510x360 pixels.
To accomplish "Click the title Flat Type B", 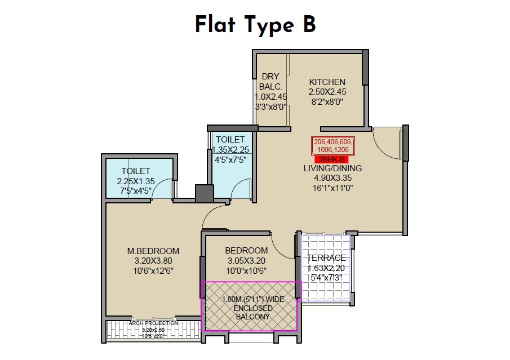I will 255,25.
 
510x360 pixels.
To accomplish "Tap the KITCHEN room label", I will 327,82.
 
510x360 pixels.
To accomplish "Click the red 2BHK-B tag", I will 332,159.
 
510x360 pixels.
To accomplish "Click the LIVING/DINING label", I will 332,168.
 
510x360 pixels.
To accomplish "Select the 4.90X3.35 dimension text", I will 332,178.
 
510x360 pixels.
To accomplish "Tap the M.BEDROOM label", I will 153,251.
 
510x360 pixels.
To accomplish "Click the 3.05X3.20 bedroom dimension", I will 246,261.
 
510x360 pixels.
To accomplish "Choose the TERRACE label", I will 326,258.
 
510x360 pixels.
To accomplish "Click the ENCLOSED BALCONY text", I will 251,312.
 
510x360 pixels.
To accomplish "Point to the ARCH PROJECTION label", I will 153,323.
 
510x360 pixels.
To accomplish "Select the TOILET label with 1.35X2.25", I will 230,139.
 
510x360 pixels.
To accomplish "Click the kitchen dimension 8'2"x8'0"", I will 327,102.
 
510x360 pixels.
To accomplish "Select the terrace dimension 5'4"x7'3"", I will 326,277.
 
